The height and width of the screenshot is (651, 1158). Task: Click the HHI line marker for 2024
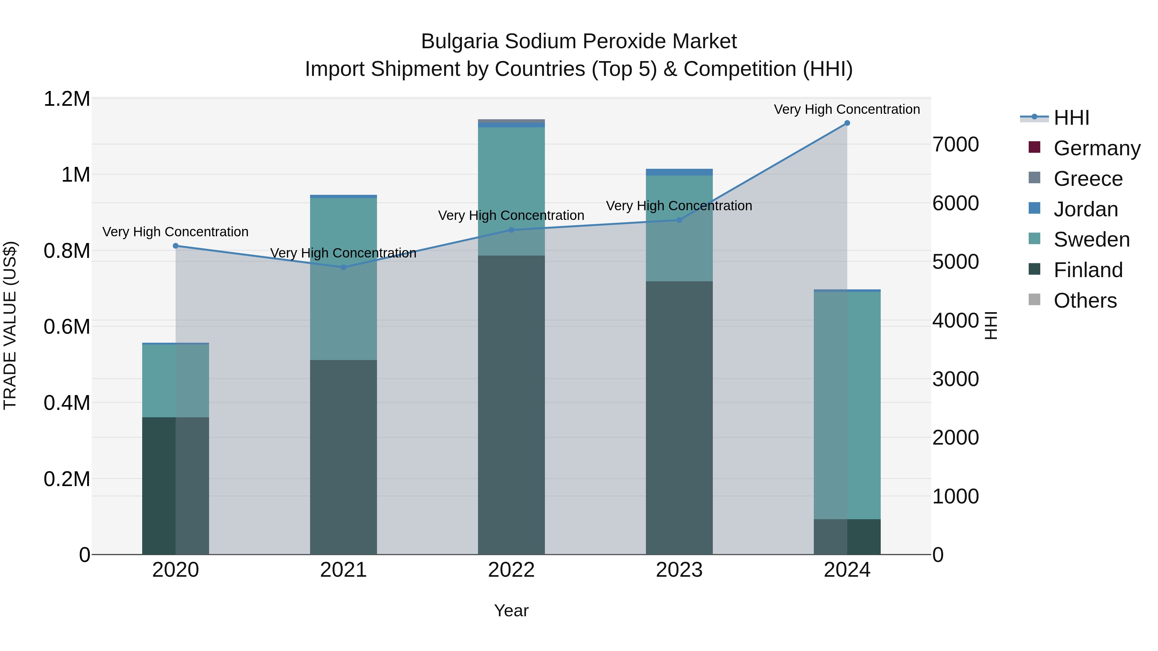pyautogui.click(x=847, y=123)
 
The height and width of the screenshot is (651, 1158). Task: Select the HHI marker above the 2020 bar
pyautogui.click(x=176, y=246)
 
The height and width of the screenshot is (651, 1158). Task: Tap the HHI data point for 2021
pyautogui.click(x=344, y=267)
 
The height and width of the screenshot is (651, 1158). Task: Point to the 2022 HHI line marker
pyautogui.click(x=511, y=230)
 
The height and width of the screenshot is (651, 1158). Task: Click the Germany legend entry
pyautogui.click(x=1097, y=148)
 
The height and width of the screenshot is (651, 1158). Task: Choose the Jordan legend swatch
pyautogui.click(x=1034, y=208)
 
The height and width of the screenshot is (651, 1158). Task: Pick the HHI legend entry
pyautogui.click(x=1071, y=118)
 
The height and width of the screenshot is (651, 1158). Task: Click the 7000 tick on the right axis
pyautogui.click(x=955, y=145)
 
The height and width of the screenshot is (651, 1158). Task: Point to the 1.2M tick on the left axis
pyautogui.click(x=67, y=99)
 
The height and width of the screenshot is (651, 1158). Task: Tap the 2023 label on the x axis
pyautogui.click(x=679, y=570)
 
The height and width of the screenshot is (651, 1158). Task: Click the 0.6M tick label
pyautogui.click(x=67, y=327)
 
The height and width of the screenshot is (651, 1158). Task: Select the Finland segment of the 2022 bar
pyautogui.click(x=511, y=404)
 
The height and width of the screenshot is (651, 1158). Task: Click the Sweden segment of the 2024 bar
pyautogui.click(x=847, y=404)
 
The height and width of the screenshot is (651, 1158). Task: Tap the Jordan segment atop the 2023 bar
pyautogui.click(x=679, y=172)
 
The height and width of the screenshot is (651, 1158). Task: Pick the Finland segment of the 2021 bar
pyautogui.click(x=344, y=456)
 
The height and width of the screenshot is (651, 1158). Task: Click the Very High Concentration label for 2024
pyautogui.click(x=847, y=109)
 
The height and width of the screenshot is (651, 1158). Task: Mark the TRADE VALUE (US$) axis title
pyautogui.click(x=10, y=325)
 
